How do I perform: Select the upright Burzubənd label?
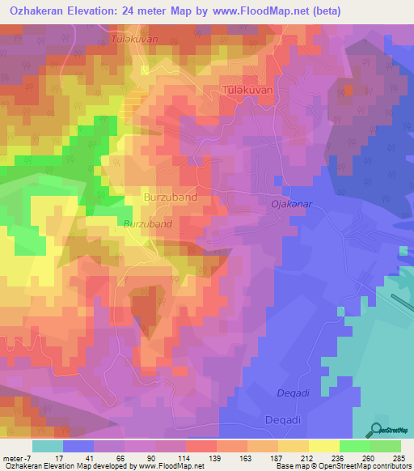point(170,197)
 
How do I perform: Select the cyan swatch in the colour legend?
point(48,446)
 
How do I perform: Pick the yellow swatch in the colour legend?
point(324,446)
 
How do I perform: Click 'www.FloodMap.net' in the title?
point(259,11)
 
